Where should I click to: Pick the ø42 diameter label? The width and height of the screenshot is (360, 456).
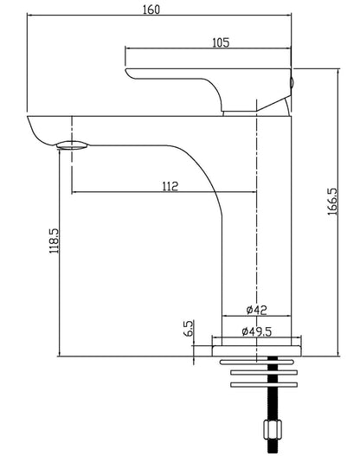[x=255, y=309]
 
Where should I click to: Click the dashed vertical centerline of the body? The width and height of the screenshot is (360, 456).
[x=257, y=225]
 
